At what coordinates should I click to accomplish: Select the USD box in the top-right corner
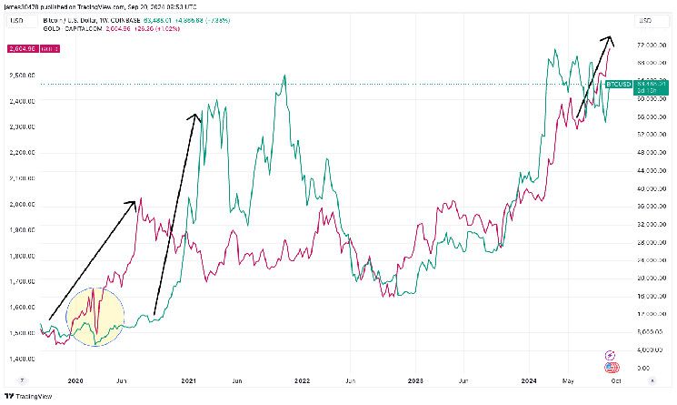647,19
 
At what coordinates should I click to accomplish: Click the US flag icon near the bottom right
612,367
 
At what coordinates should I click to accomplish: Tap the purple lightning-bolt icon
612,353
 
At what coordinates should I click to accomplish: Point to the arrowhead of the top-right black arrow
610,39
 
